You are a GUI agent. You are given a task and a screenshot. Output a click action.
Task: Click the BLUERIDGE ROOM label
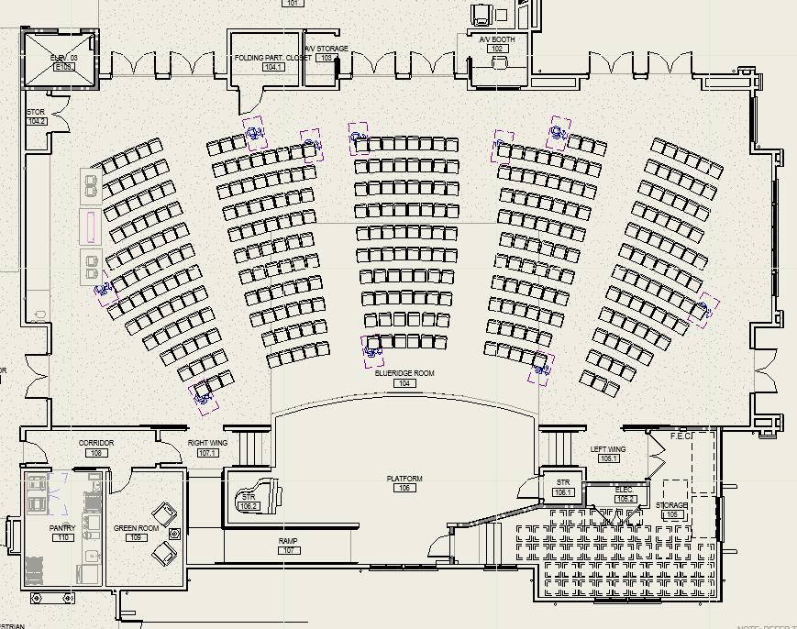404,373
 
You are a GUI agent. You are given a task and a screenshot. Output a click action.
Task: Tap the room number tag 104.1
273,67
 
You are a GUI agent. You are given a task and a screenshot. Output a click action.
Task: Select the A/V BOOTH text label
497,39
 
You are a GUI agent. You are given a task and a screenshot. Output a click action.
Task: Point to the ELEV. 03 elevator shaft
62,61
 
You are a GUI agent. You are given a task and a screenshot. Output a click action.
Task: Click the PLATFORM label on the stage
404,479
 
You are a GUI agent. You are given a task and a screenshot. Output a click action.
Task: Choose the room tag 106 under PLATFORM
404,488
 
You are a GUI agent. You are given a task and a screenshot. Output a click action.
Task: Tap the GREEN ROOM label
136,528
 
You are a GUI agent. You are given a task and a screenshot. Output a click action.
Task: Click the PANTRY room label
62,528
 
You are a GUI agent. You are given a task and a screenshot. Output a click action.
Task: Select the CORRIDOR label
96,443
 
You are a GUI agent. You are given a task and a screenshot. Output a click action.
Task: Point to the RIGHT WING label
207,443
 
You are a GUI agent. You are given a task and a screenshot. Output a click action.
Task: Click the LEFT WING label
608,449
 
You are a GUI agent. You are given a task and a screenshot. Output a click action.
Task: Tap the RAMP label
288,541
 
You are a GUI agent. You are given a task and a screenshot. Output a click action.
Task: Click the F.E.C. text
681,436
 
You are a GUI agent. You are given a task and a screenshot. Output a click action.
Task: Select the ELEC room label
625,490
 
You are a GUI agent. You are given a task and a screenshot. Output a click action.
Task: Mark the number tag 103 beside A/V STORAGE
326,58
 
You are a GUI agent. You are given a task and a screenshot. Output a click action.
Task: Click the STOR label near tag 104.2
36,112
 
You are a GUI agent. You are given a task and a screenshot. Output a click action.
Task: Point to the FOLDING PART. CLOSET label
272,58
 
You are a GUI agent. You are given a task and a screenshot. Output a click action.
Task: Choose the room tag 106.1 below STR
563,492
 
